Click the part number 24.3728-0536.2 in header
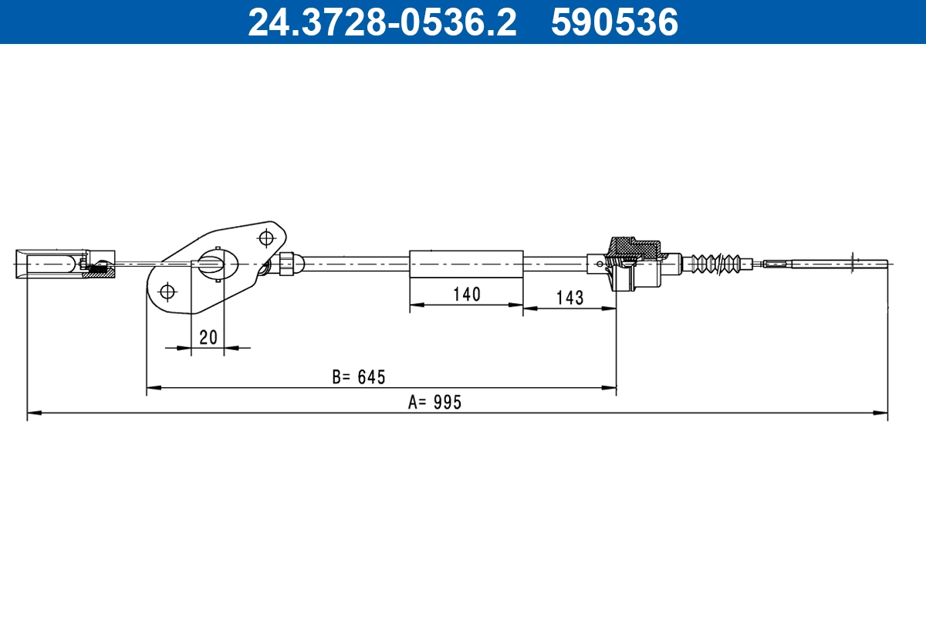381,22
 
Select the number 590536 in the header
614,22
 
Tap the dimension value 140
466,294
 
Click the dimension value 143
569,298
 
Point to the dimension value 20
208,337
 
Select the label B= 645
358,377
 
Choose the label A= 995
434,402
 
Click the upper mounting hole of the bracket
267,236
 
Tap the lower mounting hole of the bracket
167,292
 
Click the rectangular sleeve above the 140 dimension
466,263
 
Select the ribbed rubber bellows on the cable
717,263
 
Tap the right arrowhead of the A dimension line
881,413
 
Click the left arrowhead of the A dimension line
33,413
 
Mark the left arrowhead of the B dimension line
153,386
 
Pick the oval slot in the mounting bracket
213,263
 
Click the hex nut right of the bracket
286,263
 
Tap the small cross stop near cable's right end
853,263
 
